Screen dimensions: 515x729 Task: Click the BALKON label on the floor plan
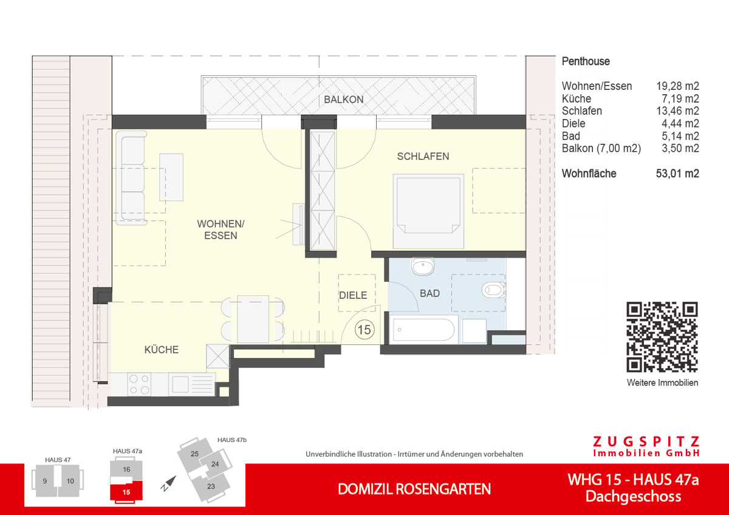click(343, 100)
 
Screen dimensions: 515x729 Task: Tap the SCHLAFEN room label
click(423, 156)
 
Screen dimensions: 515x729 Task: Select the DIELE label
click(353, 295)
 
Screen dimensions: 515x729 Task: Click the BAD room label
click(430, 293)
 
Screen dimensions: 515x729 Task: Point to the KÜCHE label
click(161, 350)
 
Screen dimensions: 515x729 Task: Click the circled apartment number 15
click(364, 330)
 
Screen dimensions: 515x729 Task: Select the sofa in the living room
click(132, 177)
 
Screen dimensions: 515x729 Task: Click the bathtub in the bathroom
click(424, 331)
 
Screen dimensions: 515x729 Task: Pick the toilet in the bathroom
click(493, 290)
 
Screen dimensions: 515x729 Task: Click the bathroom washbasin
click(421, 267)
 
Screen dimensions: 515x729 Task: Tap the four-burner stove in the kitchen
click(140, 384)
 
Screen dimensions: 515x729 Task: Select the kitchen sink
click(181, 384)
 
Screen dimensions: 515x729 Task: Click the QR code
click(662, 337)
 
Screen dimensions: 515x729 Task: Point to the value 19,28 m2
click(677, 86)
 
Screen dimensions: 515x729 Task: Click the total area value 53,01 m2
click(677, 174)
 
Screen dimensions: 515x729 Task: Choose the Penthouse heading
click(586, 61)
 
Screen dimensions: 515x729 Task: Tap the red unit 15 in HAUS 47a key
click(126, 490)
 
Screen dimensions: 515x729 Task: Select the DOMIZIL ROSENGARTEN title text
click(414, 489)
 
